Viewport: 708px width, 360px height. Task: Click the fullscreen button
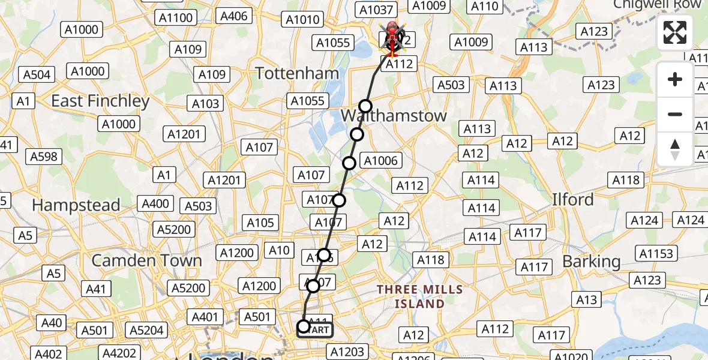675,32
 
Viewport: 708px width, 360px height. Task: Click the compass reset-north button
675,149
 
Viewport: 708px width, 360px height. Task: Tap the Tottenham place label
297,74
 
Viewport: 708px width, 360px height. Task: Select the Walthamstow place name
394,116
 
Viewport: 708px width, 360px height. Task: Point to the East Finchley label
100,101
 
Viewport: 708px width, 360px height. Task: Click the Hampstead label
76,205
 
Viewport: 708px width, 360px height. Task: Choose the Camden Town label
146,260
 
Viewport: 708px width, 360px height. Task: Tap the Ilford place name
573,199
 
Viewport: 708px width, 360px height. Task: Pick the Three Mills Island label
419,296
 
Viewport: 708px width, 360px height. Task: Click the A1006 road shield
380,161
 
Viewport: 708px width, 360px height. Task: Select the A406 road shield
234,16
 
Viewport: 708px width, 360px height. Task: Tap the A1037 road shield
376,10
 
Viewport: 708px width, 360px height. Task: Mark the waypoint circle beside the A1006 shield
349,163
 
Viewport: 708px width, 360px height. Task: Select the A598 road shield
44,157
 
